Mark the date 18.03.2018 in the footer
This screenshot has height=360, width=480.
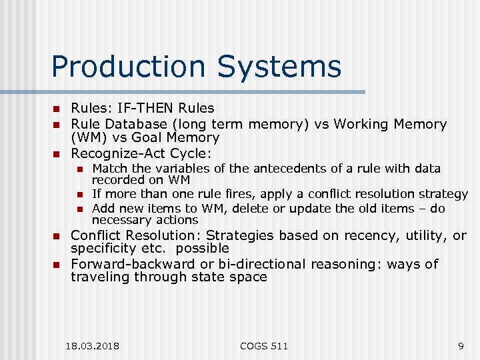pyautogui.click(x=93, y=345)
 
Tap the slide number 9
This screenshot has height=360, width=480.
pyautogui.click(x=461, y=345)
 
